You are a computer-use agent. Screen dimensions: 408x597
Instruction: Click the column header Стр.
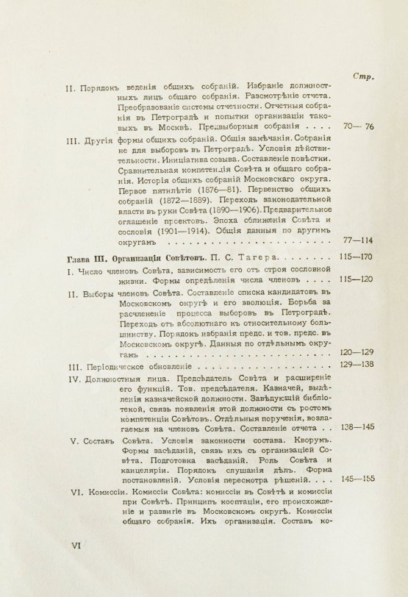point(365,76)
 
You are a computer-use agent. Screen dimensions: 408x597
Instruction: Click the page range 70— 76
point(359,126)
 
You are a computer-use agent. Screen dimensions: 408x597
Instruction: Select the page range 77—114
point(359,240)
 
